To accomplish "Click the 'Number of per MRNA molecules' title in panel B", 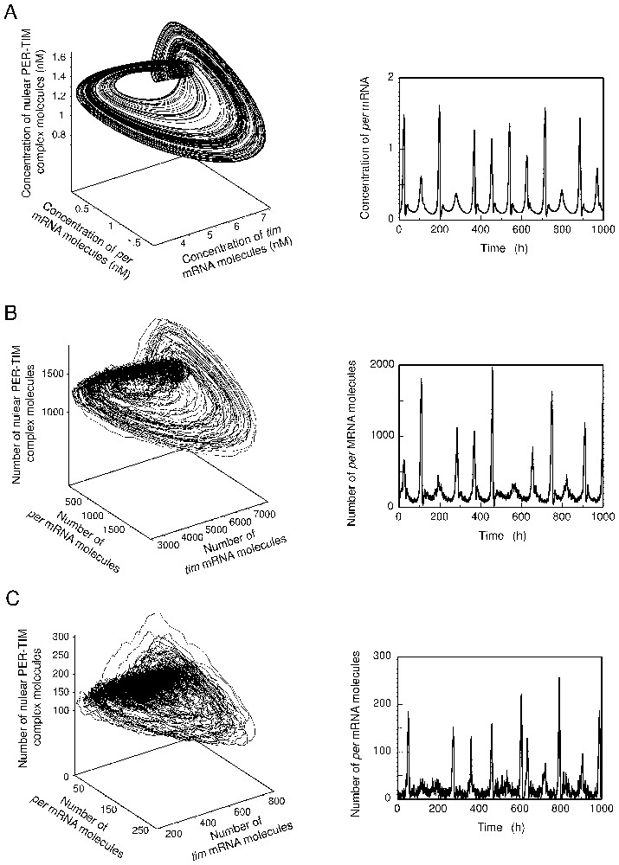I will [370, 438].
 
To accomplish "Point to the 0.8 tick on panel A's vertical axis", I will [57, 135].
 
